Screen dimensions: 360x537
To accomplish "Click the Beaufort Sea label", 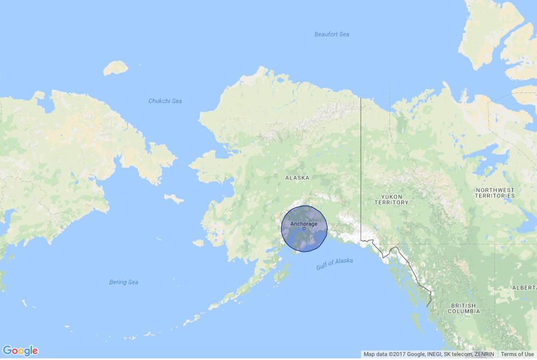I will point(331,35).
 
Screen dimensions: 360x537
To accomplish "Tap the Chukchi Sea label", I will point(165,101).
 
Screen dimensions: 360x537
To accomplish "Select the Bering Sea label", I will point(123,282).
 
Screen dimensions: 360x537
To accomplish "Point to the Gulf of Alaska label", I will point(335,264).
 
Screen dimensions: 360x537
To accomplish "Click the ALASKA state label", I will point(297,178).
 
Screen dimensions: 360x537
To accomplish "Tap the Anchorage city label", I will point(303,224).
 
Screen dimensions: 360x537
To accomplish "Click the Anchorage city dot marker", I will point(304,229).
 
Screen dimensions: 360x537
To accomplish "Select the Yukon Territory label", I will point(392,199).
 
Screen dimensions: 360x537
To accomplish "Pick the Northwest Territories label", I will point(494,193).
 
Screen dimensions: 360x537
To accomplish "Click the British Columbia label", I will point(464,308).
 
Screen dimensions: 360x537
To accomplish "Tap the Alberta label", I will point(525,287).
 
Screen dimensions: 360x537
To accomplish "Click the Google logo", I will point(20,351).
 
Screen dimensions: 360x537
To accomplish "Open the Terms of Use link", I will point(517,354).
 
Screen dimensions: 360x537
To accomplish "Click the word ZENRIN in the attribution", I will point(483,354).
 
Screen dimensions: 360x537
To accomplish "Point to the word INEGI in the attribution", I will point(427,354).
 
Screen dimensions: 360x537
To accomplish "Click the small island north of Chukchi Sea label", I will point(115,68).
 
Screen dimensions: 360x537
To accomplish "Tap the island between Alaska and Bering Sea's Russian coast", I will point(174,199).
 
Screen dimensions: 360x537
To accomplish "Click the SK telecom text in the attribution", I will point(453,354).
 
